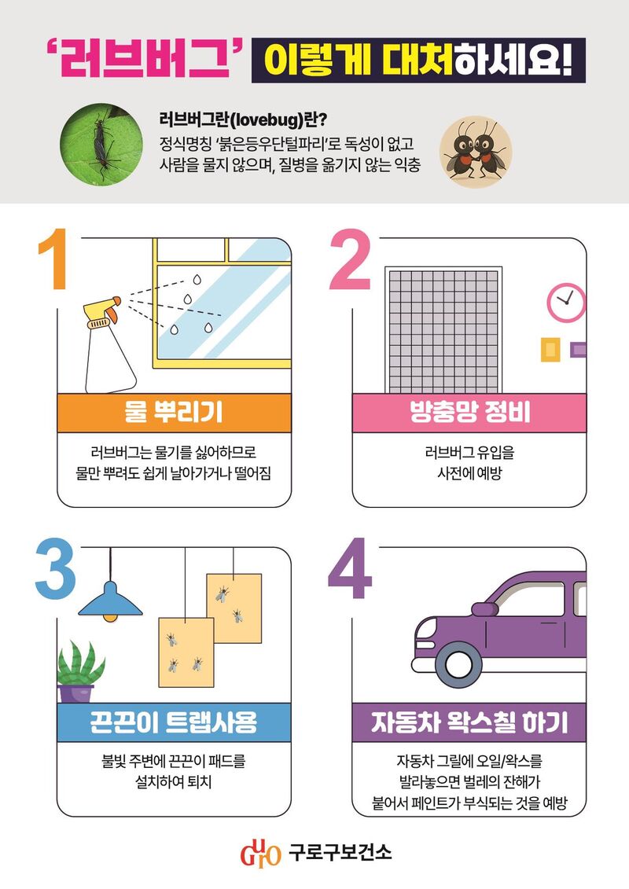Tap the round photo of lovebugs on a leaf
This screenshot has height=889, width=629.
pyautogui.click(x=101, y=144)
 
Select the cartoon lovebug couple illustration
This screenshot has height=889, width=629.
pyautogui.click(x=476, y=152)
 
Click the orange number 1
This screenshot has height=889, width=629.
pyautogui.click(x=53, y=259)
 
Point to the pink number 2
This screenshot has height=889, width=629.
pyautogui.click(x=350, y=259)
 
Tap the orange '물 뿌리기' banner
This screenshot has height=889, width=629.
pyautogui.click(x=174, y=413)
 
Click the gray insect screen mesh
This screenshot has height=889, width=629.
pyautogui.click(x=443, y=331)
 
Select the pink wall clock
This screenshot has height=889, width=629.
pyautogui.click(x=566, y=303)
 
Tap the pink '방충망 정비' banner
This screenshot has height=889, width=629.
pyautogui.click(x=469, y=413)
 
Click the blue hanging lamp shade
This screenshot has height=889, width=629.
pyautogui.click(x=110, y=601)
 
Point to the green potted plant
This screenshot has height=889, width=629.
pyautogui.click(x=79, y=672)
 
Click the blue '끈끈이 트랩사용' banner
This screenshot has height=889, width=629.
pyautogui.click(x=174, y=722)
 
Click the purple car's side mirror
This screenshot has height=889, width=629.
pyautogui.click(x=484, y=609)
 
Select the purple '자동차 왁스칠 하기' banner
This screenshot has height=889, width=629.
pyautogui.click(x=469, y=722)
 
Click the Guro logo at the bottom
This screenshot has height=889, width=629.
pyautogui.click(x=260, y=853)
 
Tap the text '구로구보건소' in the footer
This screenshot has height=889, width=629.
pyautogui.click(x=340, y=852)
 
